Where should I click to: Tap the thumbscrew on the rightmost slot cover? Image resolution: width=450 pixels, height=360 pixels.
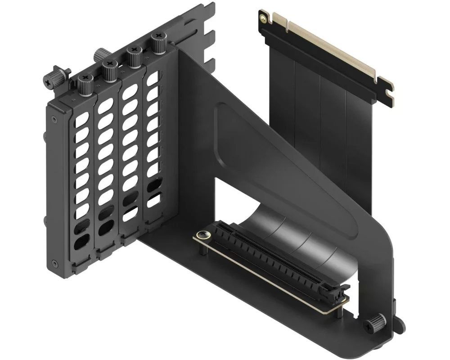[158, 44]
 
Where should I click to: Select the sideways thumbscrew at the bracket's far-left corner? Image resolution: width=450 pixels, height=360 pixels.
[56, 74]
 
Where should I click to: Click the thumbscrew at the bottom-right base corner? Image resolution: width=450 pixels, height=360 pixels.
[374, 323]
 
